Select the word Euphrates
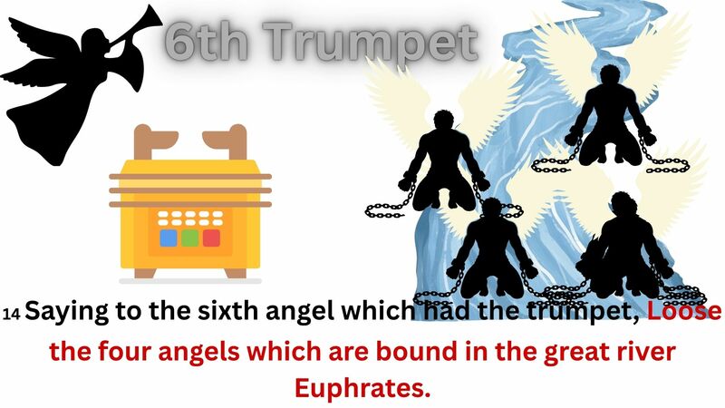(362, 387)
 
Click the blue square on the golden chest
(169, 238)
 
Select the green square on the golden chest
(189, 238)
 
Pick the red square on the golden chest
(211, 238)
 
